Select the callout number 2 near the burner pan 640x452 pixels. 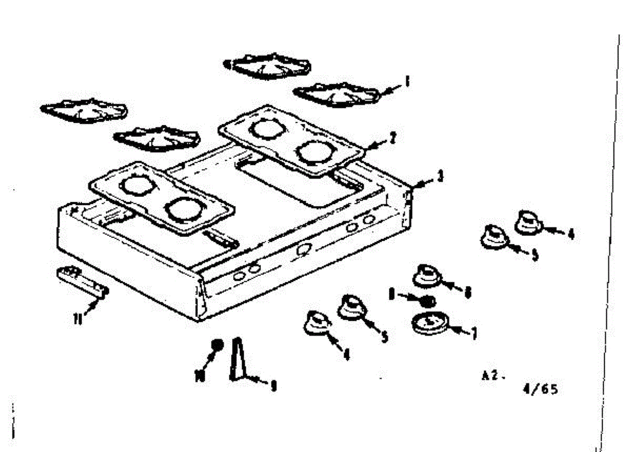[x=392, y=137]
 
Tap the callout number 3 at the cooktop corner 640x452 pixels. [x=440, y=176]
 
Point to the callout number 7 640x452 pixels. [x=473, y=334]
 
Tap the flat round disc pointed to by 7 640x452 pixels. [x=430, y=323]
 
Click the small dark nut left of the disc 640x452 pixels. [x=426, y=302]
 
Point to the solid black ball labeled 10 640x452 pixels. [x=217, y=345]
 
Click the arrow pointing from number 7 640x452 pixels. [x=458, y=330]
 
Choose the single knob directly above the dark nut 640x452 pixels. [x=427, y=275]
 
